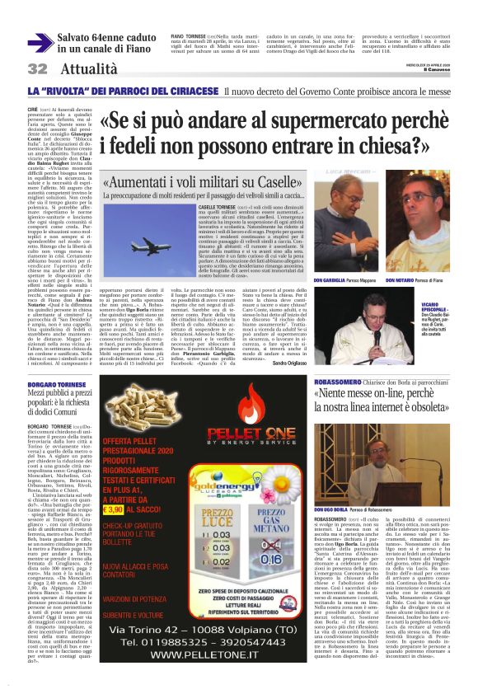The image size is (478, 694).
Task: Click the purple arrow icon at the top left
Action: point(40,43)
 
